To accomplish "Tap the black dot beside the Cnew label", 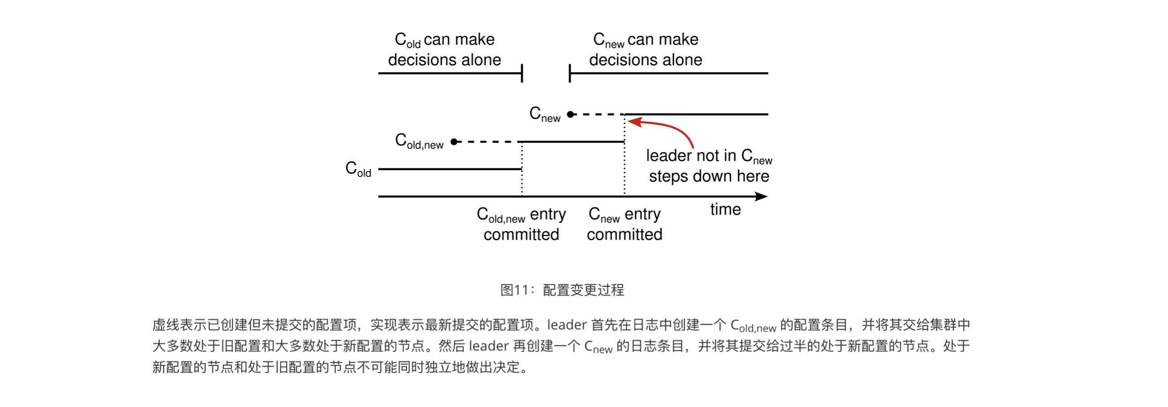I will click(x=571, y=114).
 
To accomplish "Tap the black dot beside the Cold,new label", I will click(x=454, y=142).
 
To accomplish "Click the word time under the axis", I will click(x=725, y=209).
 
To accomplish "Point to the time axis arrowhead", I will click(x=761, y=196).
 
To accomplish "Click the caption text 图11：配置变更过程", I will click(x=562, y=290).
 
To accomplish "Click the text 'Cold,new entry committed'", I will click(x=521, y=224).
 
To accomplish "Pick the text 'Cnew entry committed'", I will click(x=624, y=224).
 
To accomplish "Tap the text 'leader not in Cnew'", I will click(x=709, y=156).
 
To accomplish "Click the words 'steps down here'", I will click(x=709, y=176).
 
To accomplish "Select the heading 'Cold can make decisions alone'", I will click(x=444, y=49).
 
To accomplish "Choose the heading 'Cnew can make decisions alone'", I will click(x=645, y=49).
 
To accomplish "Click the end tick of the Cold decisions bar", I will click(x=522, y=73).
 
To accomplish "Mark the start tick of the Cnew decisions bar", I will click(x=570, y=73).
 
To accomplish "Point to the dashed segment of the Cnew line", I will click(x=598, y=114).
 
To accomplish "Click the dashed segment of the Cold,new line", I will click(x=487, y=142).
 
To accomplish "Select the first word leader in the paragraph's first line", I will click(x=567, y=324).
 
